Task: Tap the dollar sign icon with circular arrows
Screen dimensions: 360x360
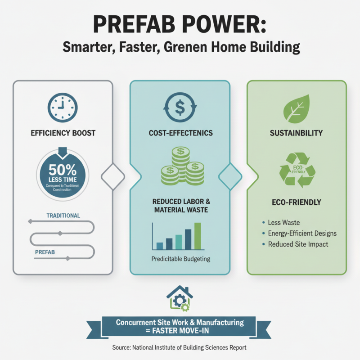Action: click(x=180, y=108)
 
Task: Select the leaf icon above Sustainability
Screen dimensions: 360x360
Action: click(x=296, y=108)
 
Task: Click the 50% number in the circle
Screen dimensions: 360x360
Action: click(x=63, y=171)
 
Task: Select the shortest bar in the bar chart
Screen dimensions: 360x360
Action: click(x=159, y=246)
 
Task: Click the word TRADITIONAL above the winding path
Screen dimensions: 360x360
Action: click(x=63, y=216)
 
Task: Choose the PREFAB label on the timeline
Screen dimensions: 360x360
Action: click(x=45, y=252)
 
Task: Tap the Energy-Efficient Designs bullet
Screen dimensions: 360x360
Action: click(x=302, y=234)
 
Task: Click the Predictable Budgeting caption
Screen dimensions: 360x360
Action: click(x=180, y=259)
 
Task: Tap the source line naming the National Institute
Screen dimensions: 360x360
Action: click(x=180, y=348)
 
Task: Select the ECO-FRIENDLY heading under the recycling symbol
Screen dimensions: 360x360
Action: click(x=297, y=202)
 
